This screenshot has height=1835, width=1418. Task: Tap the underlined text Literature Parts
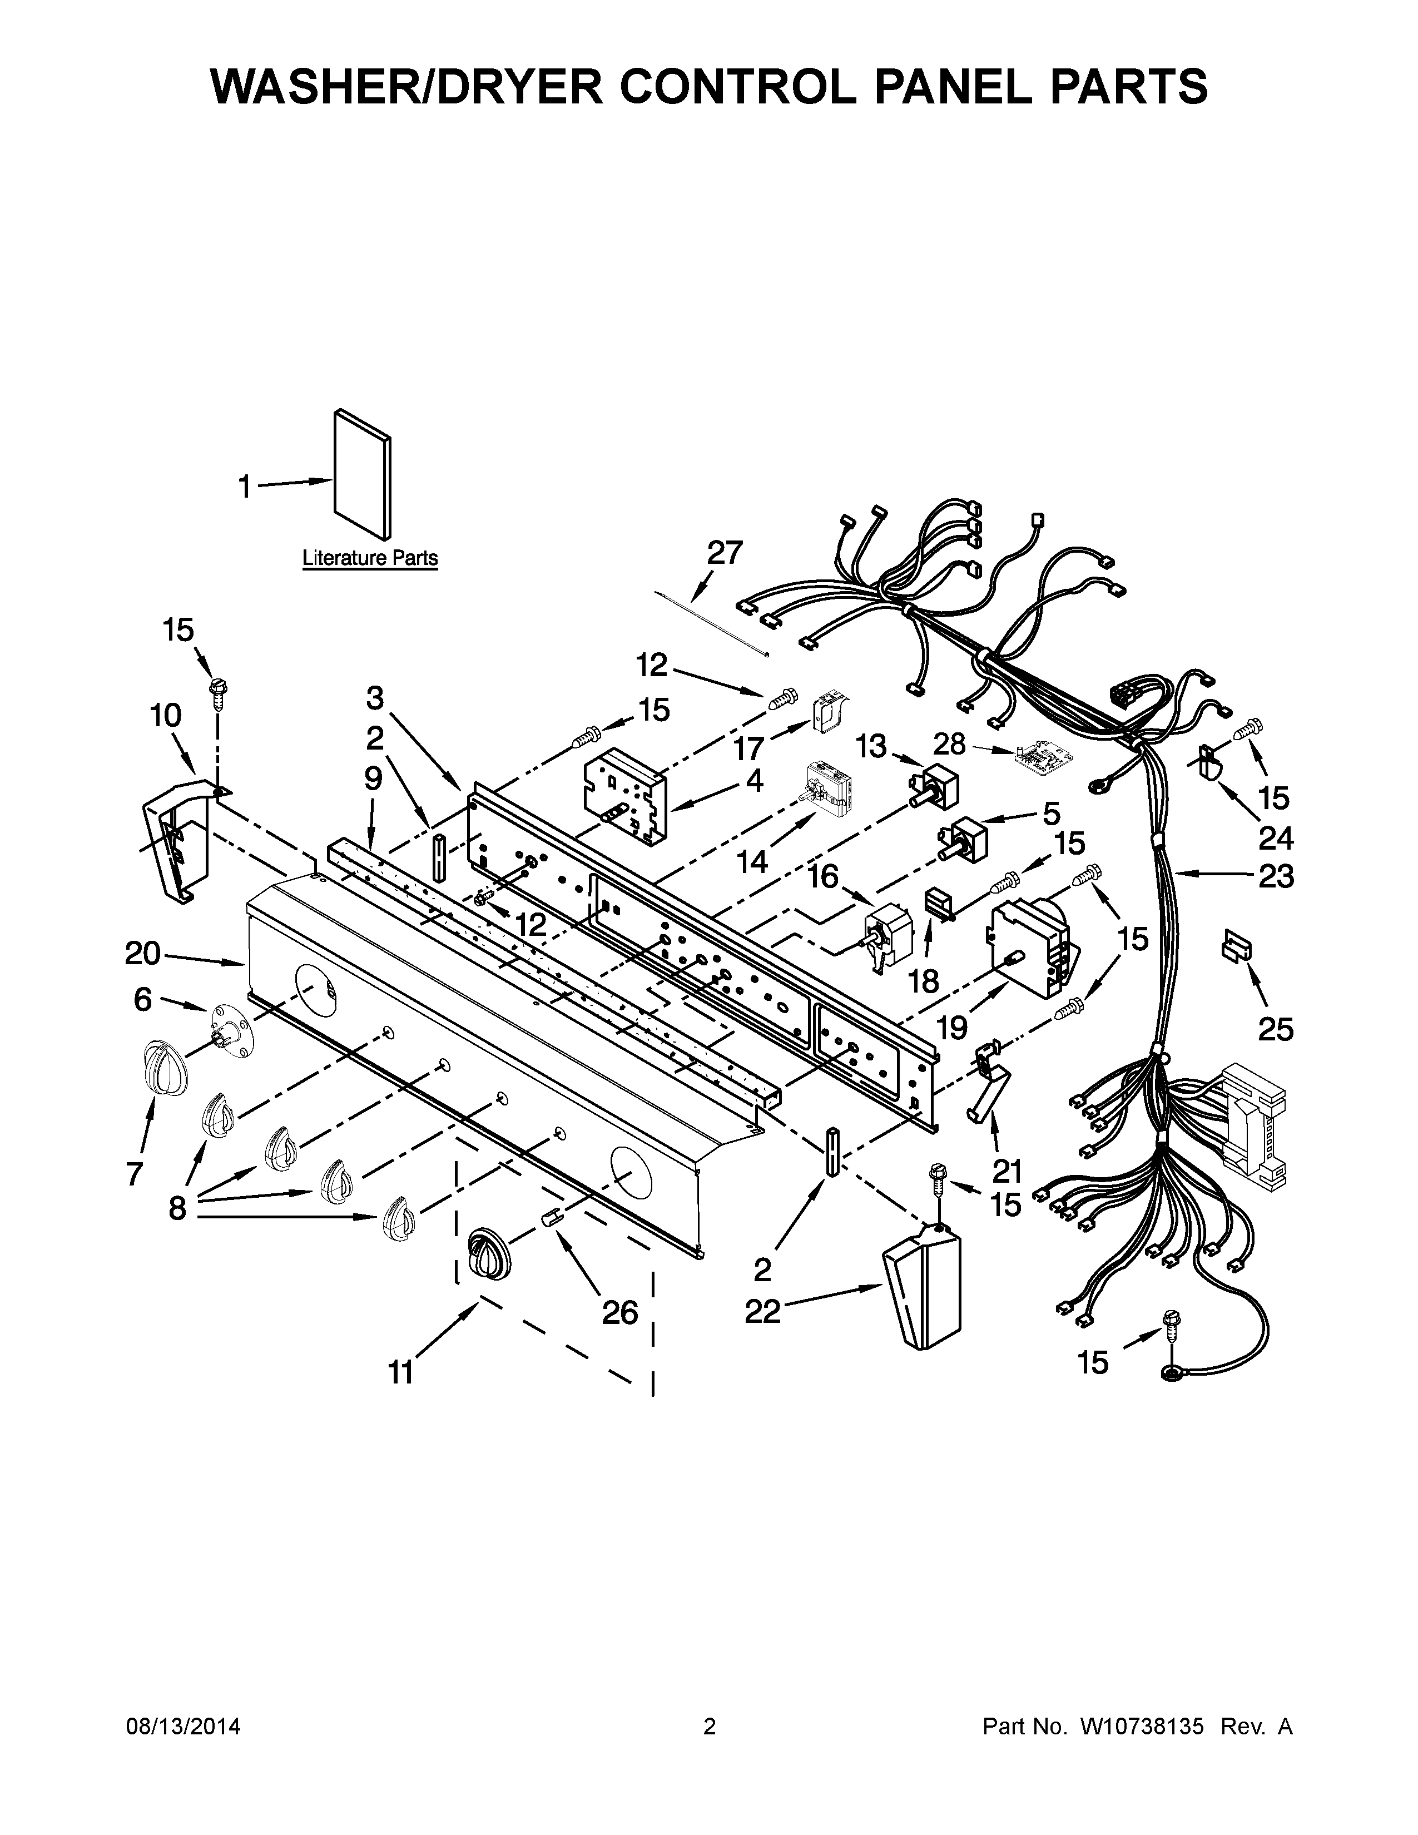click(370, 558)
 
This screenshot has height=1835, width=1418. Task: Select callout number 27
click(724, 553)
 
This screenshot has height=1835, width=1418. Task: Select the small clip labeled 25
click(1235, 949)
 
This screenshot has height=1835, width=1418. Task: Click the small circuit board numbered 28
click(1038, 757)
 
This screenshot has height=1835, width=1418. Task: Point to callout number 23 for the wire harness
click(1275, 876)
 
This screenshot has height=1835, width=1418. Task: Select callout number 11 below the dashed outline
click(401, 1372)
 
